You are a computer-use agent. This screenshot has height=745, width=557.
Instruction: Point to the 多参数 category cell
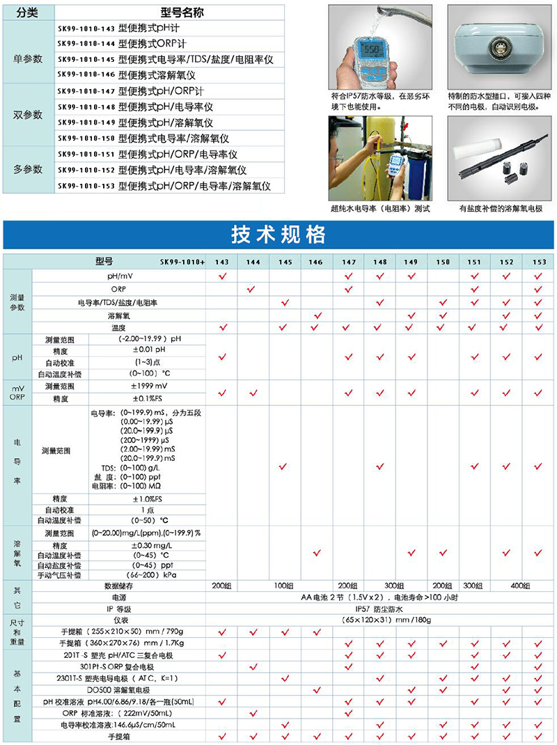coord(29,169)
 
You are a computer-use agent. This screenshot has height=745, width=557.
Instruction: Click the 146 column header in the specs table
coord(317,262)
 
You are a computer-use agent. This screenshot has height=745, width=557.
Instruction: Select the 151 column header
coord(474,262)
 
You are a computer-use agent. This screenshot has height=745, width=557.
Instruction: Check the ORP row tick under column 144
coord(252,289)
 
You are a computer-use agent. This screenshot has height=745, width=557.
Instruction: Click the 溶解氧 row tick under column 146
coord(317,315)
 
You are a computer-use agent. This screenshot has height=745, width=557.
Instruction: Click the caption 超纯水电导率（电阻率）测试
coord(379,208)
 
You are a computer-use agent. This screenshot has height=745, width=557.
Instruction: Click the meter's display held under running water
coord(372,50)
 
